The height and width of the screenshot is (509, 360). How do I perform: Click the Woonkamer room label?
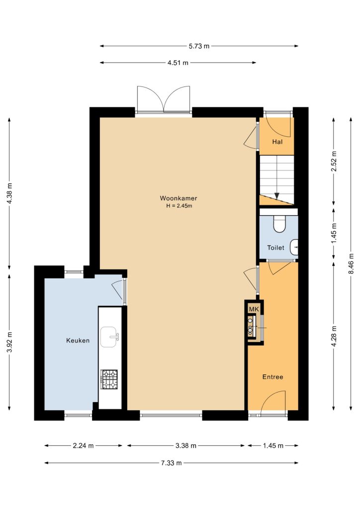178,198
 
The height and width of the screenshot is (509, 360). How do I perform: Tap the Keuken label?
78,340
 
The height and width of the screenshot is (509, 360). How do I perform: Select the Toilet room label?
275,248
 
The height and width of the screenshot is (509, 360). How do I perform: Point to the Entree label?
272,377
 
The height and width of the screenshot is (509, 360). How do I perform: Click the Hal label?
277,142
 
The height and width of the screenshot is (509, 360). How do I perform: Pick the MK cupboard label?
254,309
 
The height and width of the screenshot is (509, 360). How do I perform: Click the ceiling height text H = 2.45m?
179,206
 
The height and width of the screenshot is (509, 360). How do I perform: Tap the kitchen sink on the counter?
110,337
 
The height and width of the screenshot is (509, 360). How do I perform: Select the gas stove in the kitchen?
109,379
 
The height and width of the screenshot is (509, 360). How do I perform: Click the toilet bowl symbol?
279,225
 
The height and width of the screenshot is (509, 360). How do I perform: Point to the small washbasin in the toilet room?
294,248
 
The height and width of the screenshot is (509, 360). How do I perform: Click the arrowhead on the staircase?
276,196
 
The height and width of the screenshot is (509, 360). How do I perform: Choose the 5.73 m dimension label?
199,46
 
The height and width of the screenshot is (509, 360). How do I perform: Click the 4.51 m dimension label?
178,63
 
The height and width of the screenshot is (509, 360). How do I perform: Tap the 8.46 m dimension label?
351,263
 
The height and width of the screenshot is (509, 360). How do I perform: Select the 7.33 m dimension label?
172,463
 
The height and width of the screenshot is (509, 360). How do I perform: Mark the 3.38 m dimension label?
186,446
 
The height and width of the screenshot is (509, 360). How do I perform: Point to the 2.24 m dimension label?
83,446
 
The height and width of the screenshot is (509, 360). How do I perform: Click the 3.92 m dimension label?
9,342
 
